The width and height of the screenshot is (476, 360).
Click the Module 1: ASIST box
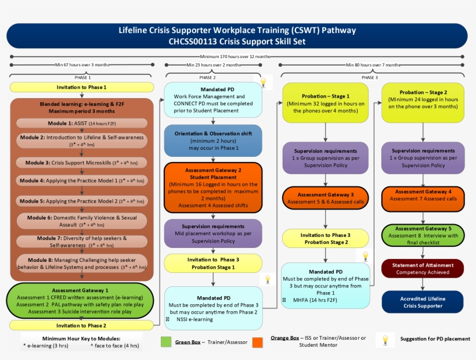tap(82, 124)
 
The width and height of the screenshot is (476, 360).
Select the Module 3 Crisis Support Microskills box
tap(82, 163)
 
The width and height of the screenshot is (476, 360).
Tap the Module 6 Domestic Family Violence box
tap(82, 221)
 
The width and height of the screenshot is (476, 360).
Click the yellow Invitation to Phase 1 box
tap(82, 87)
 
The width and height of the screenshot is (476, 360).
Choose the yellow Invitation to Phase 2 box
tap(82, 325)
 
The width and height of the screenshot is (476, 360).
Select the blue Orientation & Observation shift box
tap(213, 141)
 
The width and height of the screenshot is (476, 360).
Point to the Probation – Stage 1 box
tap(326, 103)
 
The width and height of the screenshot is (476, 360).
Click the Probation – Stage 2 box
tap(423, 103)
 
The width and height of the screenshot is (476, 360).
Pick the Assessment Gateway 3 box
tap(326, 199)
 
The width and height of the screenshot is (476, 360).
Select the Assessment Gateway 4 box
tap(423, 199)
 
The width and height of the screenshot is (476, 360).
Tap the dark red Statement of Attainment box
tap(423, 268)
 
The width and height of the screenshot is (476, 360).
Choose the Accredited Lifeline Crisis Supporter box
tap(423, 302)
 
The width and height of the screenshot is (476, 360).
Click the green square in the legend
tap(166, 342)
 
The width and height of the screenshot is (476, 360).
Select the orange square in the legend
tap(257, 342)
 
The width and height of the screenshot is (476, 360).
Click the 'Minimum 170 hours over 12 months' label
tap(235, 56)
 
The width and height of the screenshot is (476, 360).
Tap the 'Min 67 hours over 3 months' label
tap(81, 64)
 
